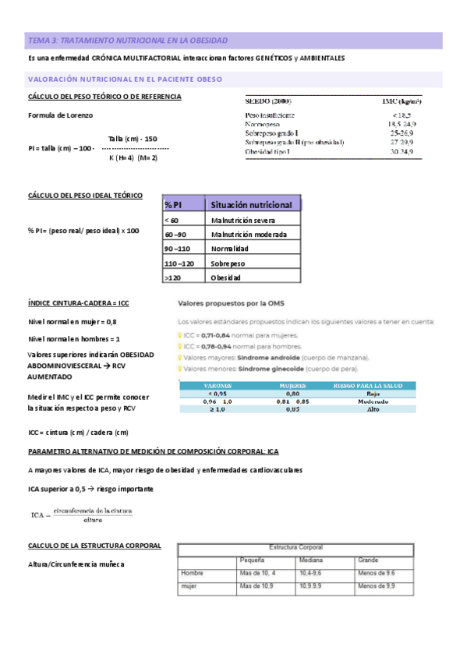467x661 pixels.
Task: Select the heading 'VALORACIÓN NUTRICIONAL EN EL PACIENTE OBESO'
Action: tap(125, 79)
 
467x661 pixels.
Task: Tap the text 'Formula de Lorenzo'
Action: tap(60, 115)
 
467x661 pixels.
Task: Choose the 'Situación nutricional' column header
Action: tap(251, 204)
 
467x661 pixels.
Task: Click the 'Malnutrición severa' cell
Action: tap(242, 221)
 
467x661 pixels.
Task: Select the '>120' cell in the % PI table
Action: tap(172, 277)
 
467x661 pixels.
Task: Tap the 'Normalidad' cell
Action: tap(229, 249)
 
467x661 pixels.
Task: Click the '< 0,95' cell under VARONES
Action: tap(218, 393)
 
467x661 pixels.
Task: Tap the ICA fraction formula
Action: tap(81, 513)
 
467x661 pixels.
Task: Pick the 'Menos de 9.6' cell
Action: tap(378, 573)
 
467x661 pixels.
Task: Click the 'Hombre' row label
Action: tap(192, 573)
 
